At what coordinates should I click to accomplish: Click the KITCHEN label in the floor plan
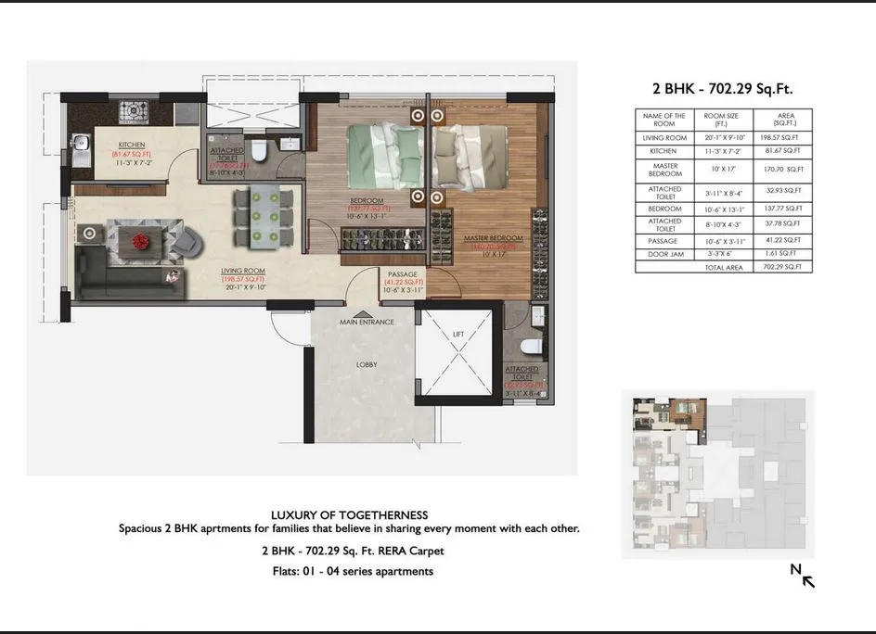click(x=132, y=144)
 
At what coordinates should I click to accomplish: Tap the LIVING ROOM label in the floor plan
click(x=243, y=272)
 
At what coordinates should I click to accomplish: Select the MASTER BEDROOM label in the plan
click(x=493, y=239)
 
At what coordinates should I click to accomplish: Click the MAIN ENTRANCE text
click(x=367, y=323)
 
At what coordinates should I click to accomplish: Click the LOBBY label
click(x=367, y=365)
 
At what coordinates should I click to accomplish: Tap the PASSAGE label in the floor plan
click(x=403, y=275)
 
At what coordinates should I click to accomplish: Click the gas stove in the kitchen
click(x=132, y=113)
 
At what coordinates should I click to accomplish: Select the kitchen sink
click(x=81, y=145)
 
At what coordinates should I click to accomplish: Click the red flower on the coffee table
click(x=140, y=241)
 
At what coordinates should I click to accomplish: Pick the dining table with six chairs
click(x=263, y=218)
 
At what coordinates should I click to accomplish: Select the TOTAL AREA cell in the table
click(x=723, y=267)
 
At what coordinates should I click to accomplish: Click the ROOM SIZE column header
click(x=721, y=120)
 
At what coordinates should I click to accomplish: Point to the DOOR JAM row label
click(x=664, y=253)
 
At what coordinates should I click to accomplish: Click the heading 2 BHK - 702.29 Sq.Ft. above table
click(x=723, y=89)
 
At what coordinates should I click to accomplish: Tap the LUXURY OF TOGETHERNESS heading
click(x=349, y=515)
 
